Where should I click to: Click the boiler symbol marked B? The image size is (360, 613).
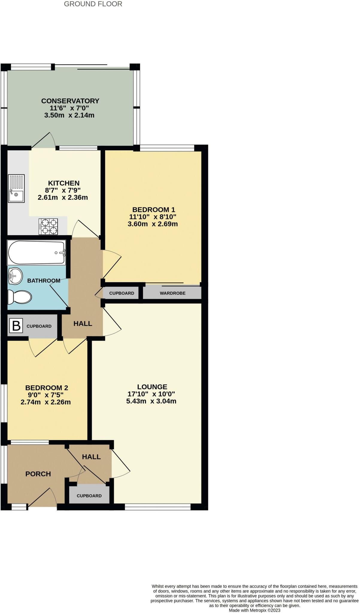coord(16,326)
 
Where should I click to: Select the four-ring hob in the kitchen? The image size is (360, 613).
coord(48,227)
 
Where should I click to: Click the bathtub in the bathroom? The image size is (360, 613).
coord(37,253)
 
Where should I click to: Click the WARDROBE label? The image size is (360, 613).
coord(172,293)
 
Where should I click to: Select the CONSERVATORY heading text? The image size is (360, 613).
coord(70,101)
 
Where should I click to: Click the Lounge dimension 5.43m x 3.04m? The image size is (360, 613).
coord(151,401)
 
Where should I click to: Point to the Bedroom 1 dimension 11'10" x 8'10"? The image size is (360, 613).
coord(153,217)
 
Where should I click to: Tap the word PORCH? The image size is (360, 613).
coord(38,474)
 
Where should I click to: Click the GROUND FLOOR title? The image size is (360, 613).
coord(93,4)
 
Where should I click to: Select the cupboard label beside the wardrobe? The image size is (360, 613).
coord(121,293)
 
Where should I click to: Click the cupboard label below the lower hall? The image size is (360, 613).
coord(89,496)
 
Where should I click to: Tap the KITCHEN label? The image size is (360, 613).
coord(64,183)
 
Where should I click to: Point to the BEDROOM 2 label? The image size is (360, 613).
coord(47,388)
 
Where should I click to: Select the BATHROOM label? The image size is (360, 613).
coord(44,281)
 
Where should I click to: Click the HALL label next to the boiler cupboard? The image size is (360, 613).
coord(83,324)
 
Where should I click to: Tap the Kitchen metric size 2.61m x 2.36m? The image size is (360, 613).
coord(63,198)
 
